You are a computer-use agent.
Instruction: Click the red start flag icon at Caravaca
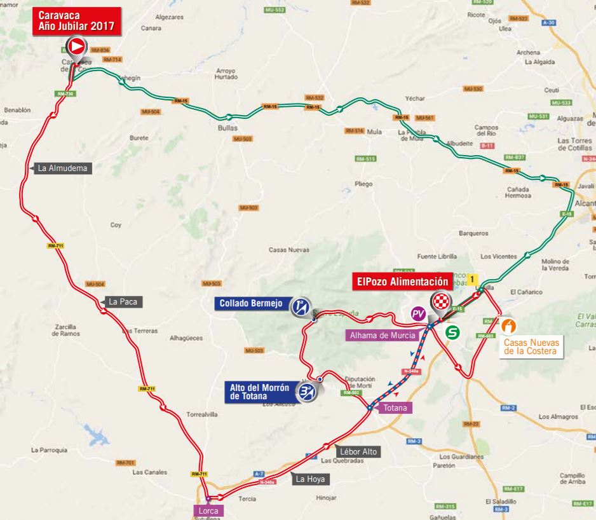tap(76, 46)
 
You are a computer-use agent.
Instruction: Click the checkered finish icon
tap(440, 301)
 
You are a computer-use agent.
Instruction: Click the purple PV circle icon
tap(417, 313)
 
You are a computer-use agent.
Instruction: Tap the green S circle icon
tap(452, 331)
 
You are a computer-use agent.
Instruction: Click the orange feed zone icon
tap(508, 325)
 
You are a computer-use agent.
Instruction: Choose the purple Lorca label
tap(209, 510)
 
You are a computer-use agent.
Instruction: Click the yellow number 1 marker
tap(473, 278)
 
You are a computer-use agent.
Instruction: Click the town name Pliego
tap(363, 184)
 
